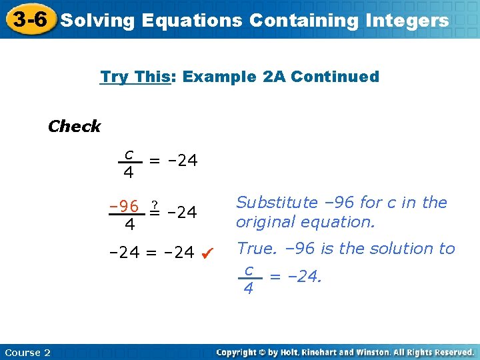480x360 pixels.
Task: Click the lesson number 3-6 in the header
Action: pos(30,19)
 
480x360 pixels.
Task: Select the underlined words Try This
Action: pos(135,77)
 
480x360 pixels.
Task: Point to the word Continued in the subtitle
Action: pos(335,77)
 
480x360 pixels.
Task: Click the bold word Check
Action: pos(74,126)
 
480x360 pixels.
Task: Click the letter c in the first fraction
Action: pos(129,155)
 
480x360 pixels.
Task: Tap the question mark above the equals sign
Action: pos(155,203)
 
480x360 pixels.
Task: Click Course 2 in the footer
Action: pos(27,352)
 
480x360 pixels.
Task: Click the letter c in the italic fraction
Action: pos(248,270)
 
